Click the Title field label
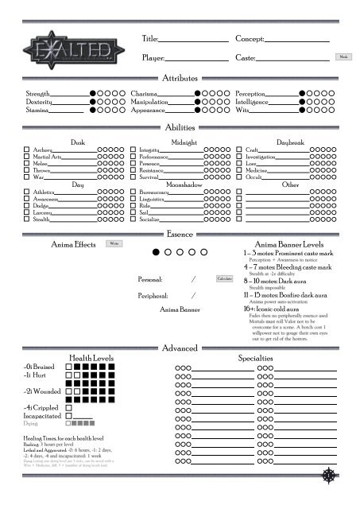click(150, 39)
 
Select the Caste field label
click(246, 59)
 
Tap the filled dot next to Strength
click(93, 94)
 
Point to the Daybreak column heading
click(289, 142)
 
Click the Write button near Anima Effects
click(114, 243)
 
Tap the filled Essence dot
click(157, 252)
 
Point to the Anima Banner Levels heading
click(287, 244)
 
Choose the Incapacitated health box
click(68, 415)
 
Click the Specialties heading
click(277, 359)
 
